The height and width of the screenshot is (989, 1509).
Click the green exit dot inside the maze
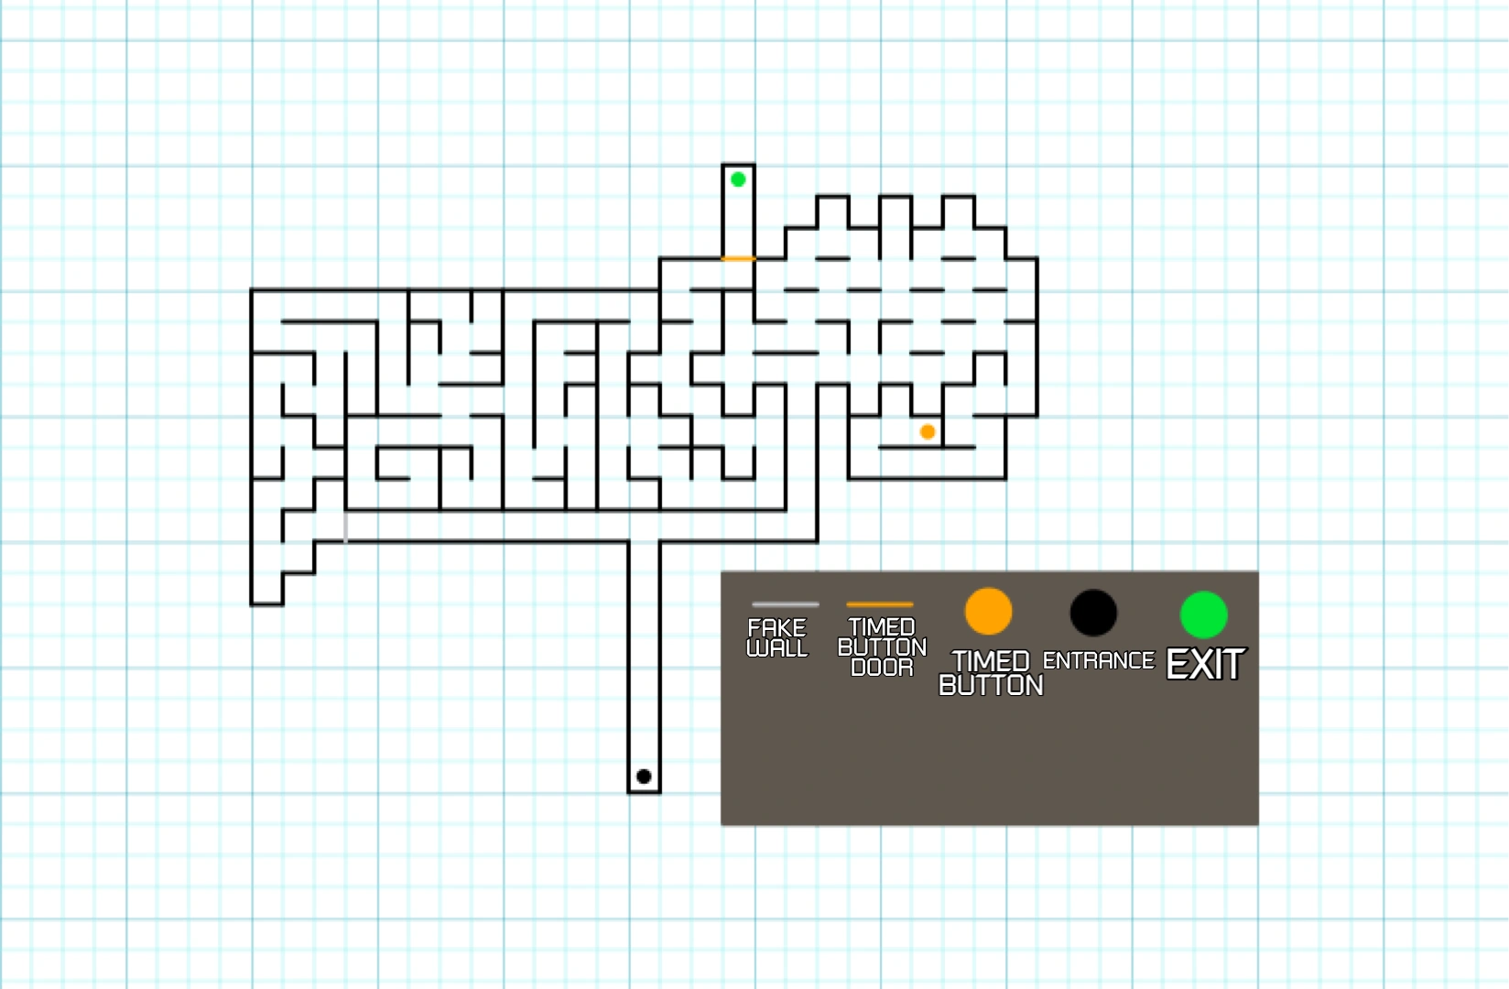(x=738, y=179)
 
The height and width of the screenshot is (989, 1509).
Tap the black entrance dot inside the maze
(x=644, y=777)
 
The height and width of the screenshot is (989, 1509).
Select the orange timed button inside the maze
(x=928, y=431)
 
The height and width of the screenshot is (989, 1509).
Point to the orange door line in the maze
(x=738, y=259)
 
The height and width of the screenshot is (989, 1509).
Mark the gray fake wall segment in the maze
(x=345, y=527)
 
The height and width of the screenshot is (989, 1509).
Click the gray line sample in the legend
(x=785, y=604)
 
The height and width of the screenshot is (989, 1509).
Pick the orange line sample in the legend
(x=879, y=604)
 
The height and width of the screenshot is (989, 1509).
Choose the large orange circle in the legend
(x=988, y=612)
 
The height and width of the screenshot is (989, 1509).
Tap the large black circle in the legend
(x=1093, y=613)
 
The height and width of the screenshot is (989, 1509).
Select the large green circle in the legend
(x=1203, y=614)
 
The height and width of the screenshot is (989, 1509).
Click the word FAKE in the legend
(x=776, y=628)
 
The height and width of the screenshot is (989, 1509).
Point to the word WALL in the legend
(x=776, y=648)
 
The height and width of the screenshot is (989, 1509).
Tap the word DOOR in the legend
(x=882, y=668)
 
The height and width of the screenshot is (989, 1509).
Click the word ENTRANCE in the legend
(x=1098, y=660)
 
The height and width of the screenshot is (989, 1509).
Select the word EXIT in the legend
(x=1205, y=665)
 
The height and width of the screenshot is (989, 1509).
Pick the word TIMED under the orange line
(x=882, y=627)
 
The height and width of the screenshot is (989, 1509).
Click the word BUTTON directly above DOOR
(x=882, y=647)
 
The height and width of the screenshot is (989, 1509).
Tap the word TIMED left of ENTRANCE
(x=991, y=661)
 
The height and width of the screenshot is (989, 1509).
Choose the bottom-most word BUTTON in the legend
(x=991, y=685)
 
